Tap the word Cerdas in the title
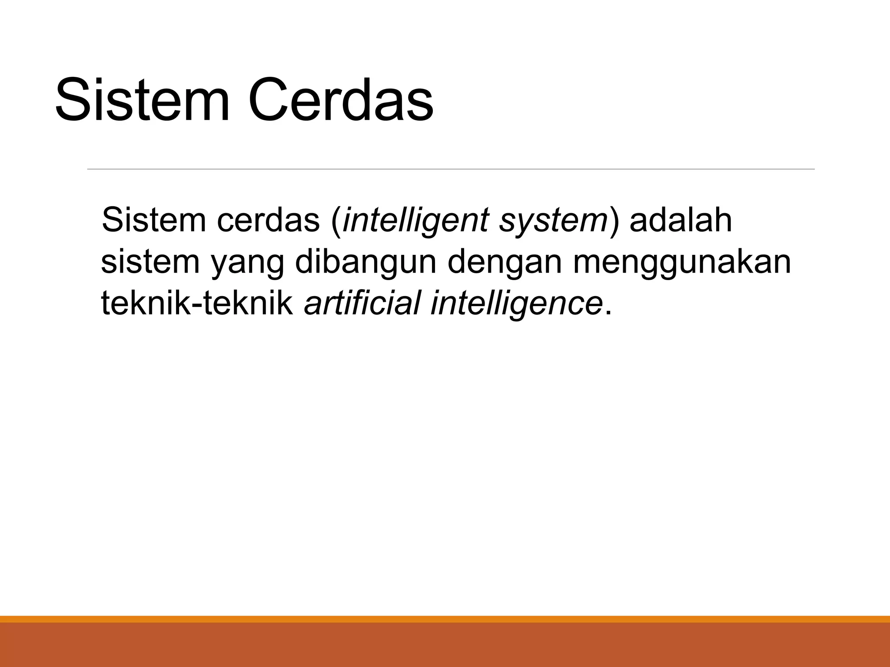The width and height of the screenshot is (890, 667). [x=341, y=99]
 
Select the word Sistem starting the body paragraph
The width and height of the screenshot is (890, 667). [x=153, y=220]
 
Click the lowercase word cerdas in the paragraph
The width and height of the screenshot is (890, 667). [x=268, y=220]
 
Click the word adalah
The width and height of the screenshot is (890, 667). [x=681, y=220]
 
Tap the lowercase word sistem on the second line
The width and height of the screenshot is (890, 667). [x=150, y=262]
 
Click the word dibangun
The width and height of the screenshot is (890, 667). [x=365, y=262]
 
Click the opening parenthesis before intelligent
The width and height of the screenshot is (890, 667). [x=335, y=221]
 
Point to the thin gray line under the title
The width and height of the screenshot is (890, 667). [x=451, y=169]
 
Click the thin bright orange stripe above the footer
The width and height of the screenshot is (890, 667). [x=445, y=619]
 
